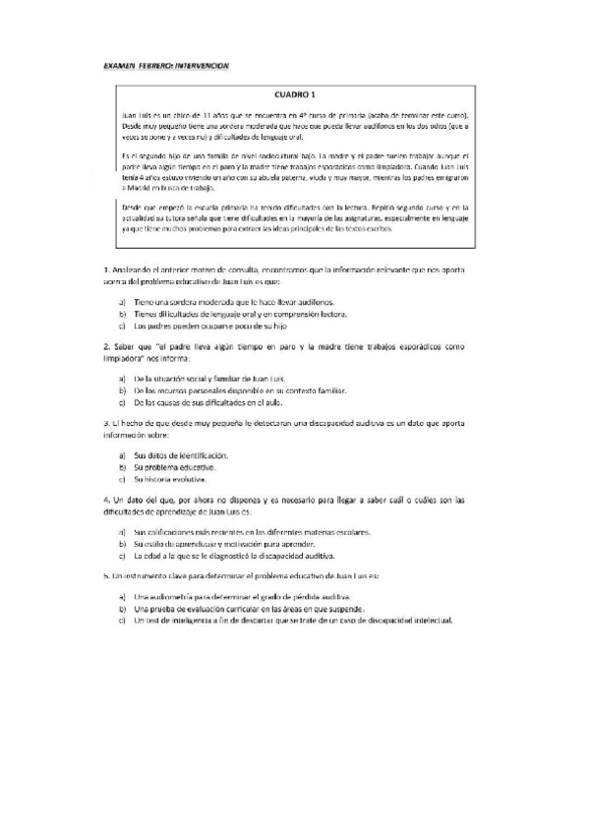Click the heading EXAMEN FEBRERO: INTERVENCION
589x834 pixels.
(x=165, y=66)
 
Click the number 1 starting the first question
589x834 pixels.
(x=105, y=268)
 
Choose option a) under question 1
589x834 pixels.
(x=121, y=303)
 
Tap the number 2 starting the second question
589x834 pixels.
(x=105, y=346)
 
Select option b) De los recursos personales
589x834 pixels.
(x=121, y=390)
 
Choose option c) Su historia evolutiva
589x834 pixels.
(x=121, y=479)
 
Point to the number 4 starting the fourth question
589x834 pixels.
(x=105, y=501)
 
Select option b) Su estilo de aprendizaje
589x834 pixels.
(x=121, y=544)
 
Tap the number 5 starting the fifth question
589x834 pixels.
(x=105, y=575)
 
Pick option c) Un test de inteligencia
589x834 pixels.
(x=121, y=620)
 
